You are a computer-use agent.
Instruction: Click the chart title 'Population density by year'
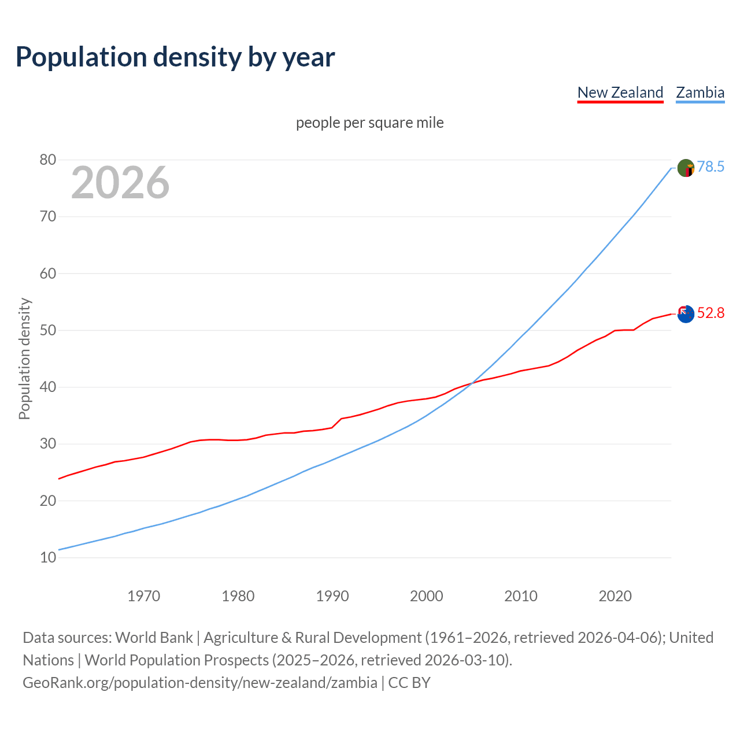pos(175,57)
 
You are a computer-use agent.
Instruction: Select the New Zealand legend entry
pos(620,92)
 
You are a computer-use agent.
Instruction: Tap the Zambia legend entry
pos(700,92)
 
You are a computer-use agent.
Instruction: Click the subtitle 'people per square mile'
pos(369,123)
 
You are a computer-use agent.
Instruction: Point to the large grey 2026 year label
pos(120,183)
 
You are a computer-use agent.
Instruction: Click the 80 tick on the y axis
pos(48,160)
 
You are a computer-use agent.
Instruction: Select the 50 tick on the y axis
pos(48,330)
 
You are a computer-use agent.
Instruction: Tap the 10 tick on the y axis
pos(48,557)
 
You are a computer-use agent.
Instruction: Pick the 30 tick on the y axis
pos(48,444)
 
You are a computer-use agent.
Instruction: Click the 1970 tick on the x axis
pos(143,596)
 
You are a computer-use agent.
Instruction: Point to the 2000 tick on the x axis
pos(426,596)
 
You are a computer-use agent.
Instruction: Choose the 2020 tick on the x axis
pos(615,596)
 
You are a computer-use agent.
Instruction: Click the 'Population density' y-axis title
pos(24,358)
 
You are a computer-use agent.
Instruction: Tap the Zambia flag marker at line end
pos(685,168)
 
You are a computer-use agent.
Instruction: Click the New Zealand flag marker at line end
pos(685,314)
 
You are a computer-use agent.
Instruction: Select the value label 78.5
pos(711,166)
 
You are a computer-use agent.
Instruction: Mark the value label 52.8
pos(711,313)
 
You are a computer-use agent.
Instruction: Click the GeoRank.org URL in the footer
pos(200,682)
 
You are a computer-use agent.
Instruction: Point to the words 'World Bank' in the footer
pos(154,637)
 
